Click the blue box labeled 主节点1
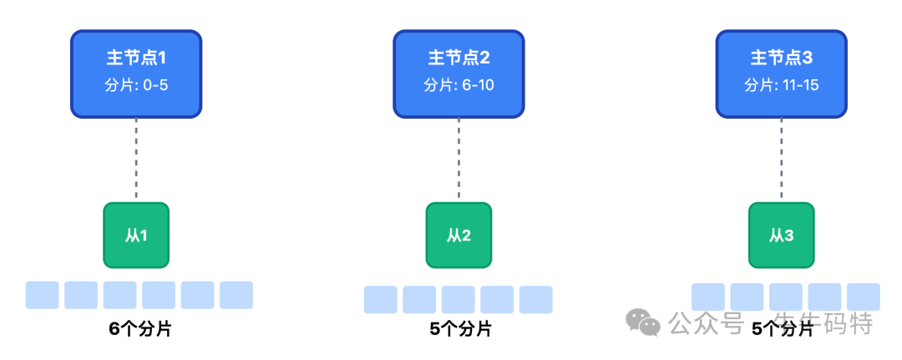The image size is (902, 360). (136, 74)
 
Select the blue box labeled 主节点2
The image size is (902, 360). (459, 74)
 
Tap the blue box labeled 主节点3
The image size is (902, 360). (781, 74)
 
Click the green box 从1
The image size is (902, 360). (136, 235)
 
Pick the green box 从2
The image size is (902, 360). (459, 235)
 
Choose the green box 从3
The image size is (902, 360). (781, 235)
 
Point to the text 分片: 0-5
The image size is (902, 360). (136, 85)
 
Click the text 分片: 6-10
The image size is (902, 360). (459, 85)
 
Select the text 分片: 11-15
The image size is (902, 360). (781, 85)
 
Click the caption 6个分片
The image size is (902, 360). (139, 328)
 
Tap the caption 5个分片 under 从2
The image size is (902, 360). (460, 328)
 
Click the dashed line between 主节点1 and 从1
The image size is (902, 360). (136, 159)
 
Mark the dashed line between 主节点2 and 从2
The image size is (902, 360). (459, 159)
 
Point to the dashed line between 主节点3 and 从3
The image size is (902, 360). (781, 159)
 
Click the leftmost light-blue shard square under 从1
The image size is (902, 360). (42, 295)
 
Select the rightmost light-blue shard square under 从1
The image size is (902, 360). (236, 295)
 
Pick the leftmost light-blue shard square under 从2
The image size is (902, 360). (381, 299)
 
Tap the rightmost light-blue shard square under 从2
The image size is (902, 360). (536, 299)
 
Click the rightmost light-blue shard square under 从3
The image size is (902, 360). (864, 297)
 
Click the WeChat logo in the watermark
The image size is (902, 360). (644, 322)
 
